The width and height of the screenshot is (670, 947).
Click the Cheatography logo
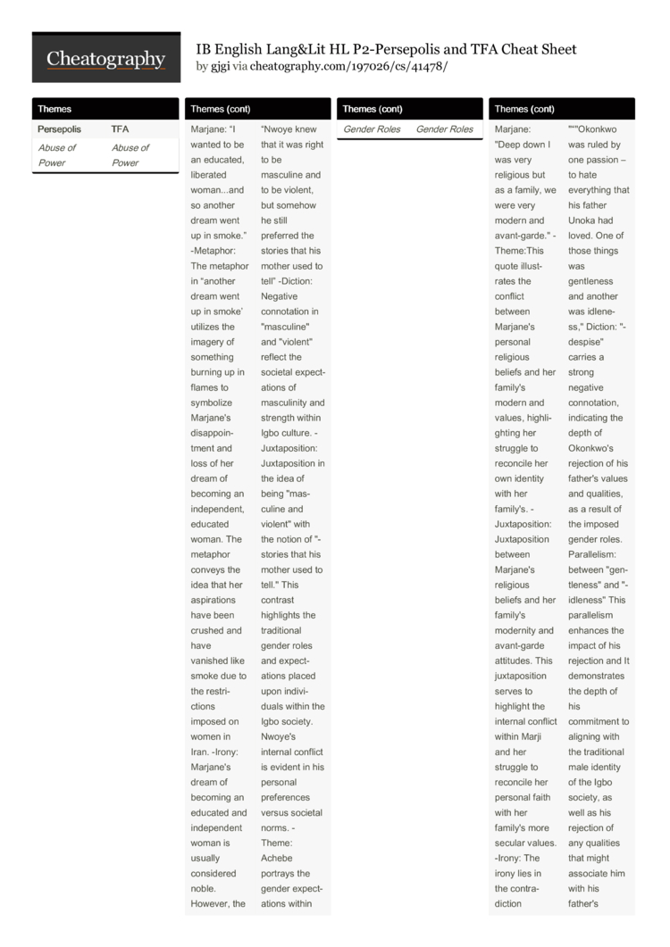(105, 59)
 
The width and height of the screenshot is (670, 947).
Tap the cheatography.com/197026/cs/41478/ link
(348, 67)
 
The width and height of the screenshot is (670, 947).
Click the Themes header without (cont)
(54, 109)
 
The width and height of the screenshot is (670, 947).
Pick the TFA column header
(120, 129)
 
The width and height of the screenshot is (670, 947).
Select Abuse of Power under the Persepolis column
(56, 155)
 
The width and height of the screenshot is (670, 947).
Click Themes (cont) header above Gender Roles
(372, 109)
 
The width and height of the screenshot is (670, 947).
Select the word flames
(208, 387)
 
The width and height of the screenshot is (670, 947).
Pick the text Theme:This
(519, 251)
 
